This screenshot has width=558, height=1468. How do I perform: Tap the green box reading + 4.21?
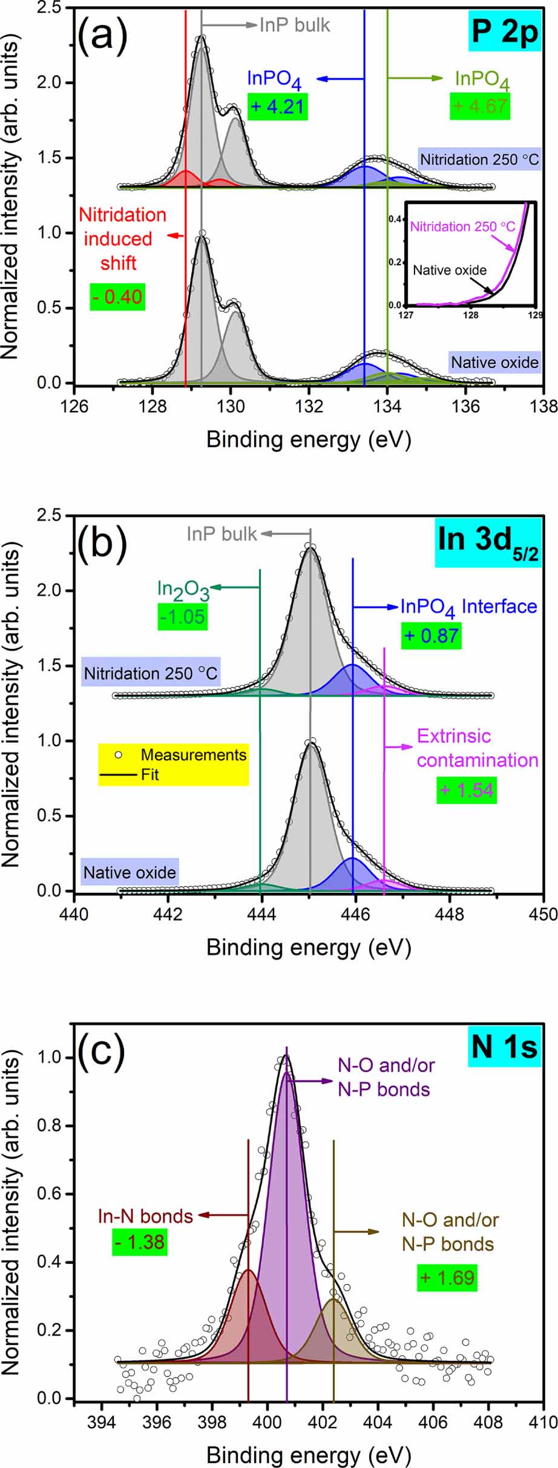(x=278, y=107)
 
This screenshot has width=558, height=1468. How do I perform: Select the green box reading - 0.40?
(x=117, y=297)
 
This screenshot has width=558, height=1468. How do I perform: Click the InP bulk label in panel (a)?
(x=295, y=25)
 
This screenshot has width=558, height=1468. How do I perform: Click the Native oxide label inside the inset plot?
(x=449, y=270)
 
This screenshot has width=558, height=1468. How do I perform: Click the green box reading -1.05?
(x=183, y=617)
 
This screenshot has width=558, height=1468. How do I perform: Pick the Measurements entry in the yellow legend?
(x=193, y=755)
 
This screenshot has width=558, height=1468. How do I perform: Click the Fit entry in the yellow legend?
(x=149, y=774)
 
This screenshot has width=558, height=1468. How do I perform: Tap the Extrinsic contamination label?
(x=477, y=748)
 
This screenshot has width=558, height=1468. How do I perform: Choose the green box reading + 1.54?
(x=467, y=790)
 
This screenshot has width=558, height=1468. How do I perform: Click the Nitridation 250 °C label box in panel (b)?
(x=151, y=673)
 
